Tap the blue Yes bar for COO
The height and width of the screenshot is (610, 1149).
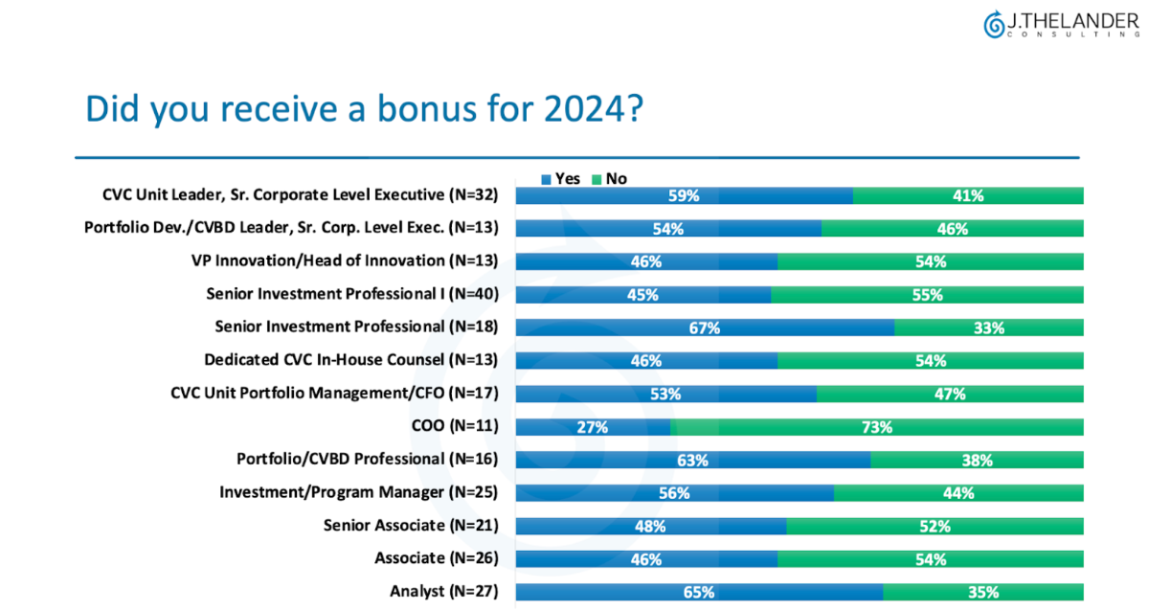point(594,427)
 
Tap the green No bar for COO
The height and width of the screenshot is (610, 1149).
point(877,427)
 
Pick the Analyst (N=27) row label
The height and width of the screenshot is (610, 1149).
point(443,592)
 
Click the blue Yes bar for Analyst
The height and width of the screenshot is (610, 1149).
point(699,592)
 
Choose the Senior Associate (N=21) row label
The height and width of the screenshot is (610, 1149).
point(411,526)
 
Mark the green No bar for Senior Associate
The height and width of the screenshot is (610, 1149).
point(935,526)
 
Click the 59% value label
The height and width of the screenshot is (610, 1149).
point(683,195)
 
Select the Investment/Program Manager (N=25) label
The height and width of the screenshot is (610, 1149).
point(359,492)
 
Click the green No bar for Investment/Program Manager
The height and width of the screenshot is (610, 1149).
point(958,493)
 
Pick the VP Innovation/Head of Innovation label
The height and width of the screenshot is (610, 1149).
point(346,260)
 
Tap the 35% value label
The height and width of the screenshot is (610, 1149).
point(981,592)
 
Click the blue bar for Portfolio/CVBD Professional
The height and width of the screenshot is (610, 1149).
point(693,460)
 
